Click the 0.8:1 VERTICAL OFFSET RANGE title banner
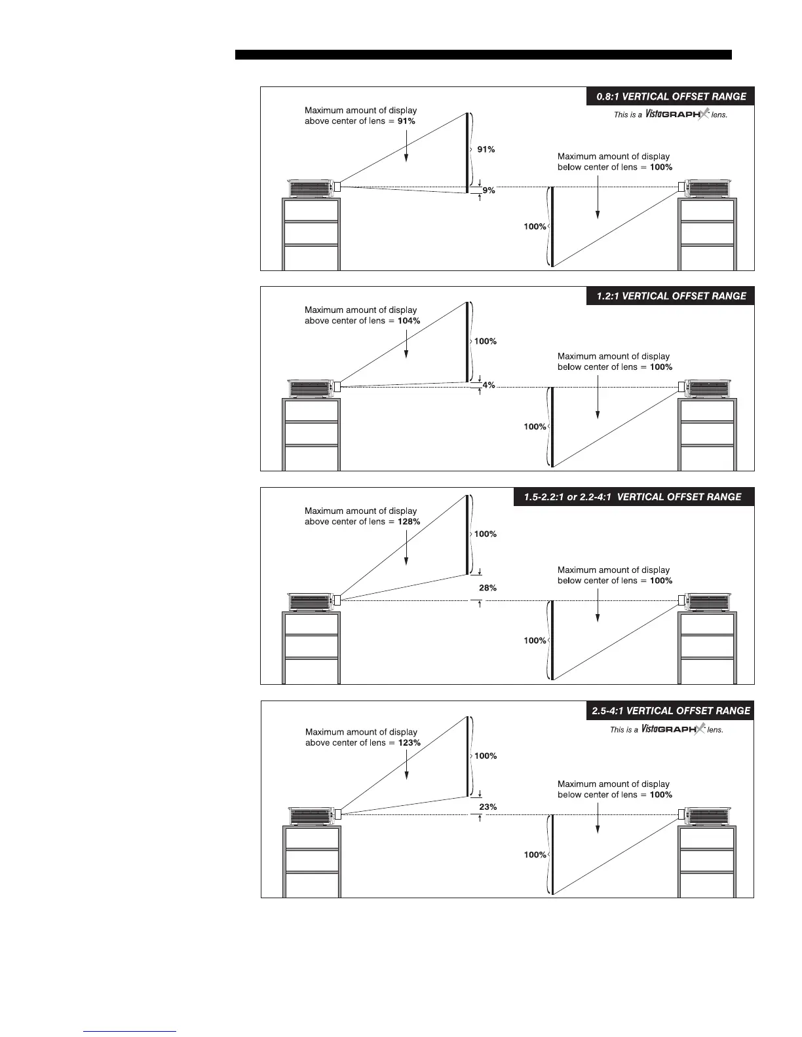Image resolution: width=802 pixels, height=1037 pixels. [x=670, y=96]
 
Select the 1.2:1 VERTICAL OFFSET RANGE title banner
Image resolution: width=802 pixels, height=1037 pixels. [x=670, y=296]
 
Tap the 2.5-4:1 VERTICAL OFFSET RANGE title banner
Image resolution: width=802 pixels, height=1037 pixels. [x=670, y=710]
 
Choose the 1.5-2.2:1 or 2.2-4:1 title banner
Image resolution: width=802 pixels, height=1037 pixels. [x=633, y=497]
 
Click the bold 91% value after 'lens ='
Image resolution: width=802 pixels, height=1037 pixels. [x=406, y=121]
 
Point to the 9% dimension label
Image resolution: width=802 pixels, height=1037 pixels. [x=489, y=191]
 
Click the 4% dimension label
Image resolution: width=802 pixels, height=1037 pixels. [x=489, y=386]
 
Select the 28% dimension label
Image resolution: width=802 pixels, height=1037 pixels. [x=487, y=588]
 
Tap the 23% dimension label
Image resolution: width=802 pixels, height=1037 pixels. [x=487, y=807]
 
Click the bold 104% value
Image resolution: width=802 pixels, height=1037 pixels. [x=409, y=321]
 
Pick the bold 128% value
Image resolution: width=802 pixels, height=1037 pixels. [x=409, y=522]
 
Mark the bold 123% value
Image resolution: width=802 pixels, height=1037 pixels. [x=409, y=742]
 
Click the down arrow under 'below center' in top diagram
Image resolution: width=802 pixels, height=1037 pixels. [x=598, y=196]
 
